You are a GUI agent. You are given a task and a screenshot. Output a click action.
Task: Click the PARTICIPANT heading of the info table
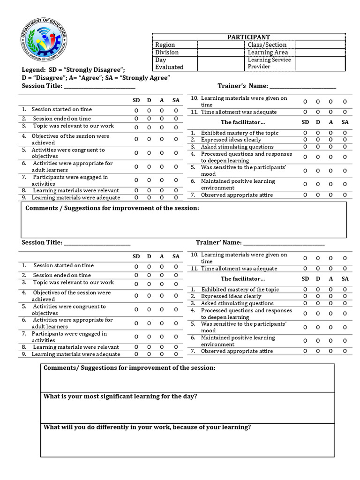(x=248, y=37)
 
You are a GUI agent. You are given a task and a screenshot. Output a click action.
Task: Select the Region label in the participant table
(x=165, y=45)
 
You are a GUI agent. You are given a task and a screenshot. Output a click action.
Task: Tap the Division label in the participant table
(x=167, y=52)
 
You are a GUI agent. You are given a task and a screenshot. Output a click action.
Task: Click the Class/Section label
(x=267, y=45)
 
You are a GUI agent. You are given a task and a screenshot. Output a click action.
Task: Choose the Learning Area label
(x=268, y=52)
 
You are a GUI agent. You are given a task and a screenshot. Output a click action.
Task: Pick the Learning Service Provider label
(x=269, y=63)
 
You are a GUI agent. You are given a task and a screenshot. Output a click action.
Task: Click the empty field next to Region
(x=221, y=45)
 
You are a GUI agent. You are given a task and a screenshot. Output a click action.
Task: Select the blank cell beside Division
(x=221, y=52)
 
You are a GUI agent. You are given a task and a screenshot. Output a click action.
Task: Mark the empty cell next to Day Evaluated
(x=221, y=63)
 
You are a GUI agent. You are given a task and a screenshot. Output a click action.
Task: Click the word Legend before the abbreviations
(x=33, y=69)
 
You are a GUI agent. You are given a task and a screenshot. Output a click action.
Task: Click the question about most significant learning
(x=120, y=397)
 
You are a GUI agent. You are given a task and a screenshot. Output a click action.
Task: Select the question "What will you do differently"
(x=147, y=427)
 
